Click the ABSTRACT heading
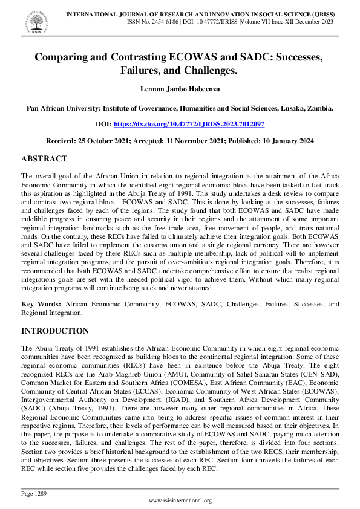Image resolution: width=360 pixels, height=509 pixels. [44, 158]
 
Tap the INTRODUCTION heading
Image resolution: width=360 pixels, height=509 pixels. [55, 331]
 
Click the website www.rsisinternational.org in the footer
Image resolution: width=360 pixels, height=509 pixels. [180, 501]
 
